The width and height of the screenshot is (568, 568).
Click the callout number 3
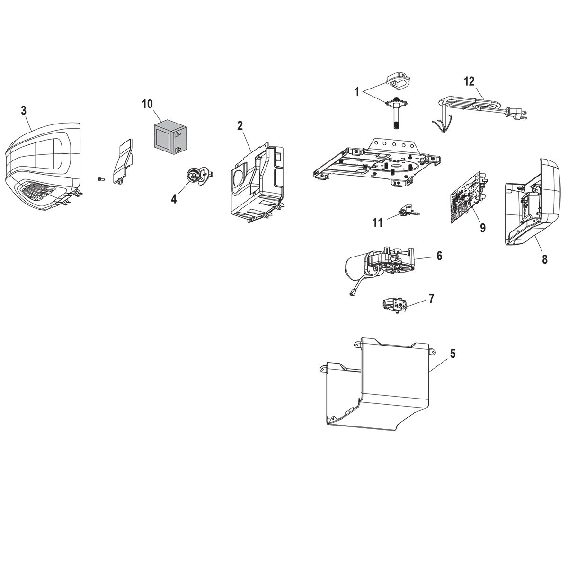[x=24, y=110]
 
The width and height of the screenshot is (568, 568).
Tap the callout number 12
[x=469, y=81]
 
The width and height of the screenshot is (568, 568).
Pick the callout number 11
[x=377, y=222]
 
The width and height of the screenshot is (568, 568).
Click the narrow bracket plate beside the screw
[x=123, y=161]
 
